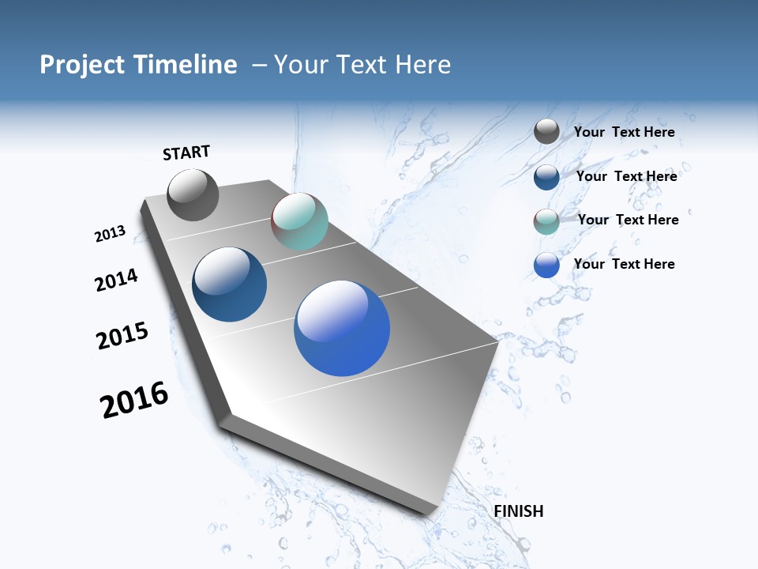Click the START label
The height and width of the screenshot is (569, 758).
tap(186, 153)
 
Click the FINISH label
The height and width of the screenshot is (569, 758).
tap(519, 511)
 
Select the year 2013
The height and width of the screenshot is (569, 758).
tap(111, 234)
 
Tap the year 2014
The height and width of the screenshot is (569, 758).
tap(117, 280)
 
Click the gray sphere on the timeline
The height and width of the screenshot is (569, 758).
tap(193, 195)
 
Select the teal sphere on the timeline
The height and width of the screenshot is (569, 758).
tap(299, 221)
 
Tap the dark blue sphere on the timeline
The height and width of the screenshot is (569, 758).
tap(230, 284)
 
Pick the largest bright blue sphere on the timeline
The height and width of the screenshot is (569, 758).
tap(342, 327)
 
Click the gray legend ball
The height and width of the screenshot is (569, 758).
tap(546, 131)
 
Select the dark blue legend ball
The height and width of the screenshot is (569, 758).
tap(546, 176)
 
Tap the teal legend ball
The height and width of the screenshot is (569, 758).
tap(546, 221)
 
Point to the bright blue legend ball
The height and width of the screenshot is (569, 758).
tap(546, 265)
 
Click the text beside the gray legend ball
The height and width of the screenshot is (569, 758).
tap(624, 132)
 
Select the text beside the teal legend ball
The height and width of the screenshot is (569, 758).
tap(628, 220)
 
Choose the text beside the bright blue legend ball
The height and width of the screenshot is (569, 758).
tap(624, 264)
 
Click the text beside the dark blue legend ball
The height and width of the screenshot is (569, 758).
tap(626, 176)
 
